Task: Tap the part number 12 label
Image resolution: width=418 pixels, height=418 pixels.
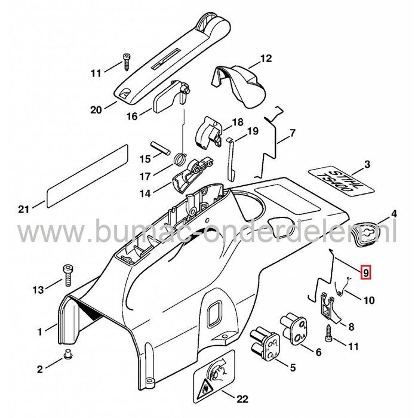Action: coord(265,59)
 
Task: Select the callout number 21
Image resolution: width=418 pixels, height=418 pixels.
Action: coord(22,208)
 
